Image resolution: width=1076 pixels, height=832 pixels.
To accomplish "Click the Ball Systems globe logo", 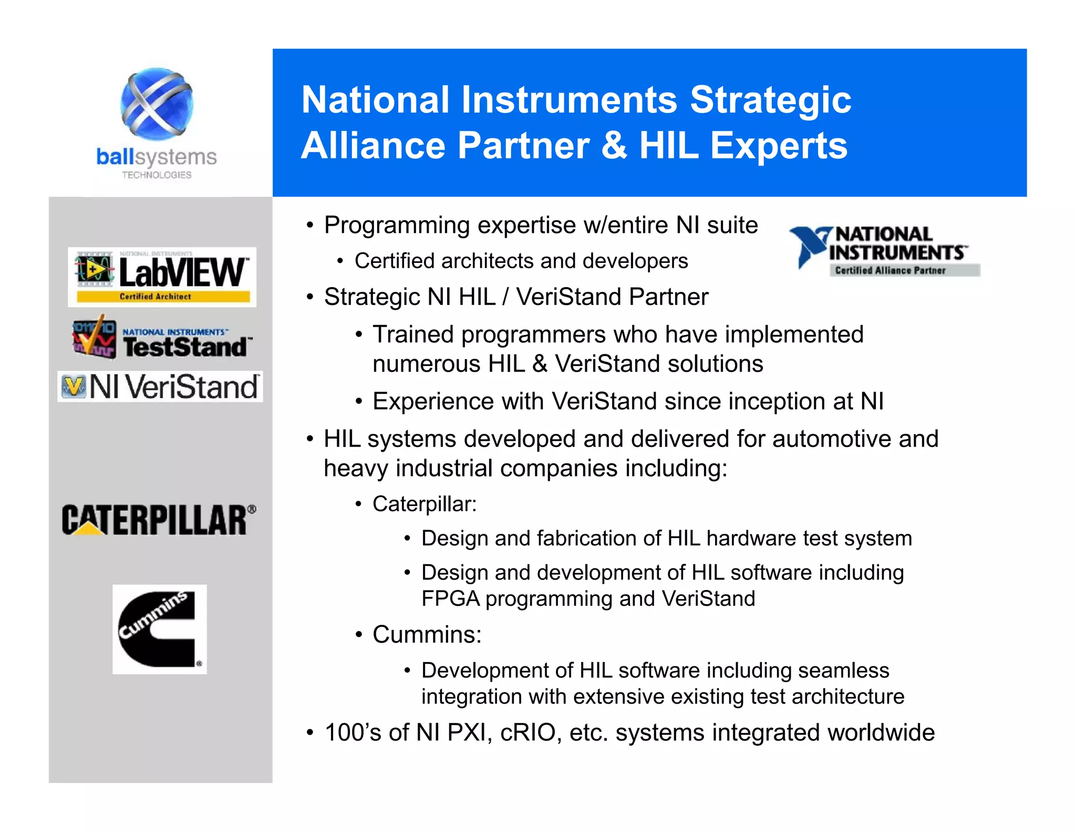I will coord(157,104).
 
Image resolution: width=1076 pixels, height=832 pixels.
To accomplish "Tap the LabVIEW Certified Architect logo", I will coord(162,277).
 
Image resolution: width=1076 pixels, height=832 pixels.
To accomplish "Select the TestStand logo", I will coord(162,339).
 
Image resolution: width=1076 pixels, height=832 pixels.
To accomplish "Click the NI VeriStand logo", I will coord(160,387).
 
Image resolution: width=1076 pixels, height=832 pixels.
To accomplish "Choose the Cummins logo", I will coord(159,629).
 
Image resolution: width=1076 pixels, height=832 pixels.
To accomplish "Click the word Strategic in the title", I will coord(770,99).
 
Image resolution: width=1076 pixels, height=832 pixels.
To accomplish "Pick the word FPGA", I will coord(450,599).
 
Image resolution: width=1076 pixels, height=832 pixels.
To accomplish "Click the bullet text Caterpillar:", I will coord(425,504).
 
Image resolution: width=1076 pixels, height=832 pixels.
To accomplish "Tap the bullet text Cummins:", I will coord(427,635).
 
